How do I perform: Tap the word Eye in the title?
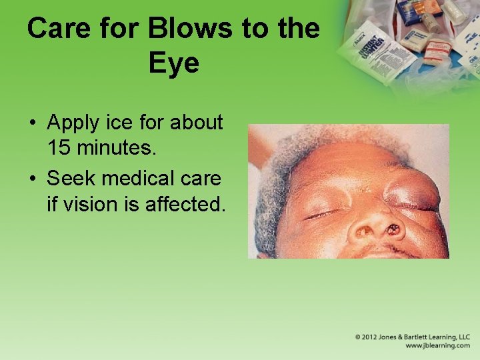(174, 64)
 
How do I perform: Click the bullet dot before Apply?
(31, 123)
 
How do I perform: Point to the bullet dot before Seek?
(31, 180)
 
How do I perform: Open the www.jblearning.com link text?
(437, 346)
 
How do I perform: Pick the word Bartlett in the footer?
(417, 337)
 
